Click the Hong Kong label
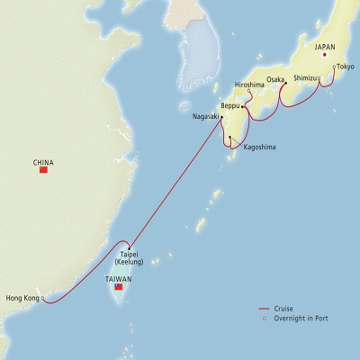(22, 298)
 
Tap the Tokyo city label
(346, 67)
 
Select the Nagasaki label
(205, 116)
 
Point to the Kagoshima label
(259, 147)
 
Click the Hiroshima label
(250, 85)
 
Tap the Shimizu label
(303, 77)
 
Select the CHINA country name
(43, 163)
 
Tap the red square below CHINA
(43, 171)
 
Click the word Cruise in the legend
(285, 310)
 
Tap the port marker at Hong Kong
(43, 298)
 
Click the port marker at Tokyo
(334, 67)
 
